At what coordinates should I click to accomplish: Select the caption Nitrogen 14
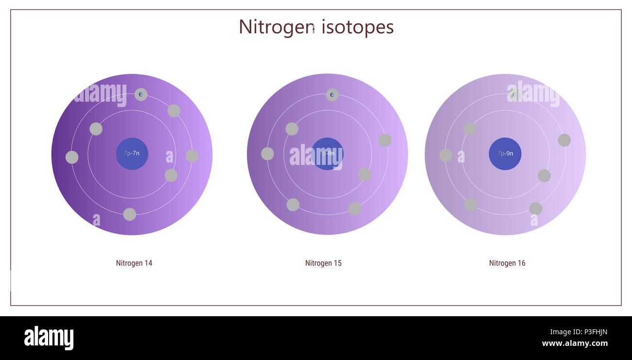click(x=134, y=263)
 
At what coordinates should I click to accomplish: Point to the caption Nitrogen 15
click(x=323, y=263)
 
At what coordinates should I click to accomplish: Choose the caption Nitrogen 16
click(x=507, y=263)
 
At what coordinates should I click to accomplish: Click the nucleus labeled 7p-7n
click(x=132, y=154)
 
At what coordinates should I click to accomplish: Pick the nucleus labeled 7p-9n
click(x=505, y=154)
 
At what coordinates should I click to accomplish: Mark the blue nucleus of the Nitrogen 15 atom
click(x=327, y=154)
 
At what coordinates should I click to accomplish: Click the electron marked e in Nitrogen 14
click(x=141, y=94)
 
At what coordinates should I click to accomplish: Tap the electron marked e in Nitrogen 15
click(x=332, y=95)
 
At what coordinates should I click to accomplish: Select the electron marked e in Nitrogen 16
click(x=515, y=95)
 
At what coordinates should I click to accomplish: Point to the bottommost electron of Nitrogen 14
click(x=130, y=215)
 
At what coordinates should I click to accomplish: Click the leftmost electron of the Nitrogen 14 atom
click(x=72, y=157)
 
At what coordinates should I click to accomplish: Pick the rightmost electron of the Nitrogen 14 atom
click(x=192, y=156)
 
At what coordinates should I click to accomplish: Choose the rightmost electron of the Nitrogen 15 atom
click(x=385, y=140)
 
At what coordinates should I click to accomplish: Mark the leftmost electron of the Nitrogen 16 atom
click(x=446, y=155)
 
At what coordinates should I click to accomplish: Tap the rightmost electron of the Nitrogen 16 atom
click(x=564, y=140)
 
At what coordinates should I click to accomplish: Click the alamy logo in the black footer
click(x=49, y=338)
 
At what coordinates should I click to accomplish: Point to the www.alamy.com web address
click(x=575, y=343)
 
